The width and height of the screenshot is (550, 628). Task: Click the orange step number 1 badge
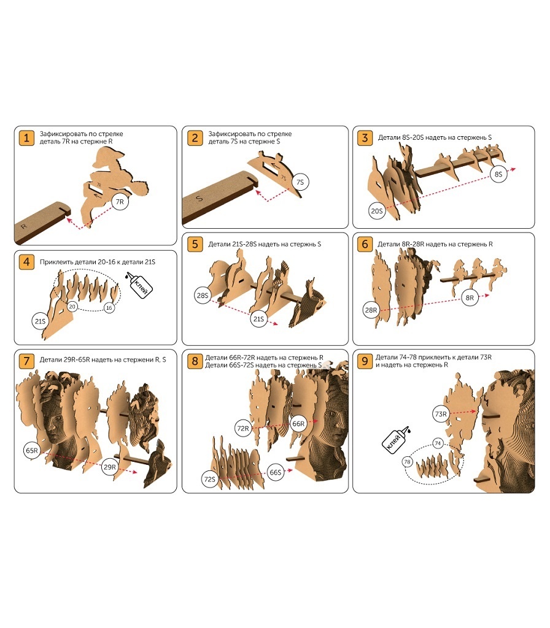click(26, 138)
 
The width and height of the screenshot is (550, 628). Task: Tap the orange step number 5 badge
click(195, 244)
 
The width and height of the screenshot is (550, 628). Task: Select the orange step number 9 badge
click(365, 361)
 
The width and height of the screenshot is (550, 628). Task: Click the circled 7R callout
click(120, 202)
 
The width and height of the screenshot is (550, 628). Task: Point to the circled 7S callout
click(300, 182)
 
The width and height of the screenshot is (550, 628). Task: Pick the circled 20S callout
click(377, 211)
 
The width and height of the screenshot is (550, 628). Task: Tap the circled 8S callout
click(498, 174)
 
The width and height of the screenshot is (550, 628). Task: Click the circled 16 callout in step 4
click(109, 308)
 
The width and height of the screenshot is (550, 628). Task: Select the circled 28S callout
click(203, 296)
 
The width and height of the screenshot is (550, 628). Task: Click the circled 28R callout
click(371, 310)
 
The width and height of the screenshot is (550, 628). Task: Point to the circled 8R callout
click(470, 297)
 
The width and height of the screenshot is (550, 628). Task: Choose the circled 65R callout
click(32, 451)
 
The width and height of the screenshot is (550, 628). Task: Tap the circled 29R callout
click(110, 467)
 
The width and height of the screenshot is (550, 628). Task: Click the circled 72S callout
click(210, 479)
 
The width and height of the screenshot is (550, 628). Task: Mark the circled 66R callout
click(298, 424)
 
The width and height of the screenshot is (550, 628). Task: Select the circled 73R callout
click(441, 414)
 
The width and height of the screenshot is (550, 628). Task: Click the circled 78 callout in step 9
click(408, 462)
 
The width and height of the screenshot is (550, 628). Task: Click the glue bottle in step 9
click(396, 440)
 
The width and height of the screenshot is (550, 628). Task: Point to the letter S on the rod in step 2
click(199, 198)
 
